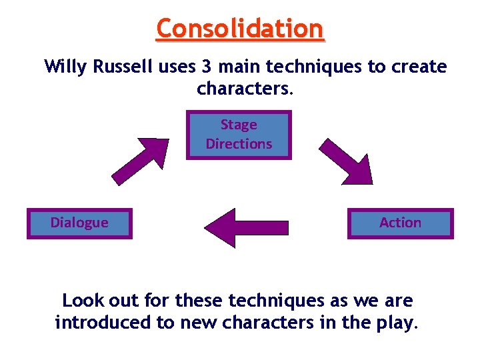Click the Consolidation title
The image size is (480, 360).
pos(240,29)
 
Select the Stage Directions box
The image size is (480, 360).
pos(239,135)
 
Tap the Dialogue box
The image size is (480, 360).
pos(79,223)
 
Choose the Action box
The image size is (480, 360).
pos(400,223)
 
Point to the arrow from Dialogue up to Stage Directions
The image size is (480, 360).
pos(141,160)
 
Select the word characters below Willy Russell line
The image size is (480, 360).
pos(242,89)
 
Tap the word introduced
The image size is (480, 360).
pos(103,323)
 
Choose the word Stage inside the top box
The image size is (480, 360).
pos(239,125)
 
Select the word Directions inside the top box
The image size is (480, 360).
pos(239,144)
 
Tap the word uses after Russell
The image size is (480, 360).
pos(174,67)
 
